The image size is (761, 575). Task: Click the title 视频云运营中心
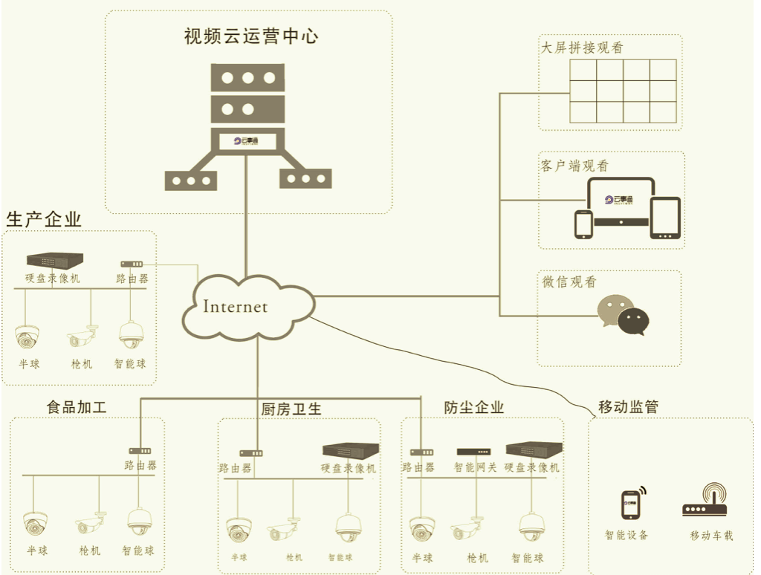pos(250,36)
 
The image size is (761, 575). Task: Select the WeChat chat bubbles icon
pos(624,315)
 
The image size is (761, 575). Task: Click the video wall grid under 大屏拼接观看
pos(623,91)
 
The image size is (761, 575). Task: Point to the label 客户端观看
pos(574,166)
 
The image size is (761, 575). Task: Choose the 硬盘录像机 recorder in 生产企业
pos(54,259)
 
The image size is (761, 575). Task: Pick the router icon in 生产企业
pos(132,264)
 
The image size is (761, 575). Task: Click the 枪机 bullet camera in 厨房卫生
pos(284,530)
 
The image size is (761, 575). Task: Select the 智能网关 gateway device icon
pos(473,451)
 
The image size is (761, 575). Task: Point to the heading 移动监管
pos(628,406)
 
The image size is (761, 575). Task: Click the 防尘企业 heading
pos(473,407)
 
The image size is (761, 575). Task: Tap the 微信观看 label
pos(568,282)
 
